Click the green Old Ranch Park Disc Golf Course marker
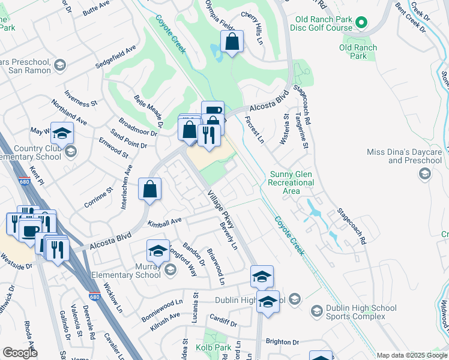coord(361,23)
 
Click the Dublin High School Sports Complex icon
coord(316,311)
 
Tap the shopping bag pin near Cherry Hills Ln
coord(232,42)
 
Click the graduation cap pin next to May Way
coord(62,133)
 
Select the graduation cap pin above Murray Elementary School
coord(158,250)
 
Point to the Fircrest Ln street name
coord(254,130)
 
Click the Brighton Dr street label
coord(282,341)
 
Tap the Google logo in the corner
coord(20,353)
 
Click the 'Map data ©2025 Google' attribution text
coord(412,355)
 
